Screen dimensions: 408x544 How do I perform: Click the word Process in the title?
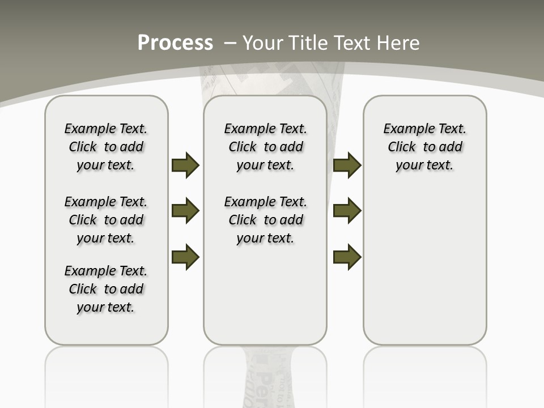[x=175, y=43]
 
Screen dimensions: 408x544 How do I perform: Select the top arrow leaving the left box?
[x=185, y=165]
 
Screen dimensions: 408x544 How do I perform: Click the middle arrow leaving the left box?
[x=185, y=211]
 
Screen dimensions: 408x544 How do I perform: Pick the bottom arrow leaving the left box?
[x=185, y=257]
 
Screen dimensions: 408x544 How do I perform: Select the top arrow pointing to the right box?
[x=347, y=165]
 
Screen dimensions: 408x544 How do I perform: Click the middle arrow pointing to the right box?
[x=347, y=211]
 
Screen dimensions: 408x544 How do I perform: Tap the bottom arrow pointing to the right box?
[x=347, y=257]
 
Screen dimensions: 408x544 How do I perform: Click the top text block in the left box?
[x=106, y=147]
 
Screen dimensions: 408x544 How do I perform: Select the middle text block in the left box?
[x=106, y=220]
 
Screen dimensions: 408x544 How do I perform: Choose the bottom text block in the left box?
[x=106, y=289]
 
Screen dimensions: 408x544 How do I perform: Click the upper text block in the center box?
[x=265, y=147]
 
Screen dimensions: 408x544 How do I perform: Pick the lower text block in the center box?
[x=265, y=220]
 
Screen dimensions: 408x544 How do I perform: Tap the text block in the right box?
[x=424, y=147]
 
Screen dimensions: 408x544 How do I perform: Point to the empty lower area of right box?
[x=424, y=266]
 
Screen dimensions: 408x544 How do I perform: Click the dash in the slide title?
[x=230, y=43]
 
